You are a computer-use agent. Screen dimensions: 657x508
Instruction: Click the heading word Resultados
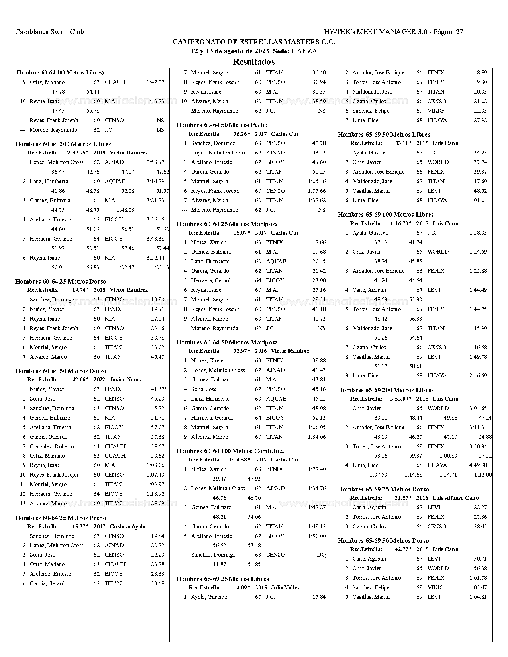(x=254, y=62)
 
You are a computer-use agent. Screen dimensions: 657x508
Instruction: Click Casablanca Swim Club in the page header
(x=49, y=32)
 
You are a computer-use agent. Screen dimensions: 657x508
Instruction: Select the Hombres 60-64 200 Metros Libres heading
(x=63, y=144)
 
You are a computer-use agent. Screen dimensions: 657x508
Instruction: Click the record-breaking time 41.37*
(x=159, y=389)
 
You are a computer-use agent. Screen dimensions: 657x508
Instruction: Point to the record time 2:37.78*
(x=78, y=153)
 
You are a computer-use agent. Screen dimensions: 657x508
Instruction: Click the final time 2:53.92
(x=155, y=162)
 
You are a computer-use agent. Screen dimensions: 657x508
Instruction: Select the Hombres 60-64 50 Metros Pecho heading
(x=222, y=125)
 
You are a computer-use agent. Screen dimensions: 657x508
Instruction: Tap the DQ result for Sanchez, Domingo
(x=321, y=555)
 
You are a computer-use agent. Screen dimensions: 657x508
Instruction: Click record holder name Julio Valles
(x=285, y=587)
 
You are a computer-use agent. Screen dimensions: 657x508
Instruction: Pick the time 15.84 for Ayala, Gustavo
(x=319, y=597)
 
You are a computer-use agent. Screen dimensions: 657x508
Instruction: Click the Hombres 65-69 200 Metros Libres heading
(x=386, y=390)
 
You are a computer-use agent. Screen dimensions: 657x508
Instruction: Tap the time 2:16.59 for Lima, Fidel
(x=478, y=375)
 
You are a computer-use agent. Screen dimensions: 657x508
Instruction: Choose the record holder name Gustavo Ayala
(x=127, y=526)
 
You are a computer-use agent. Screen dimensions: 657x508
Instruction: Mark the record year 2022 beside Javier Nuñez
(x=99, y=379)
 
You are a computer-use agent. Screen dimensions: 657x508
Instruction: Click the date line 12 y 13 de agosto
(x=254, y=51)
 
